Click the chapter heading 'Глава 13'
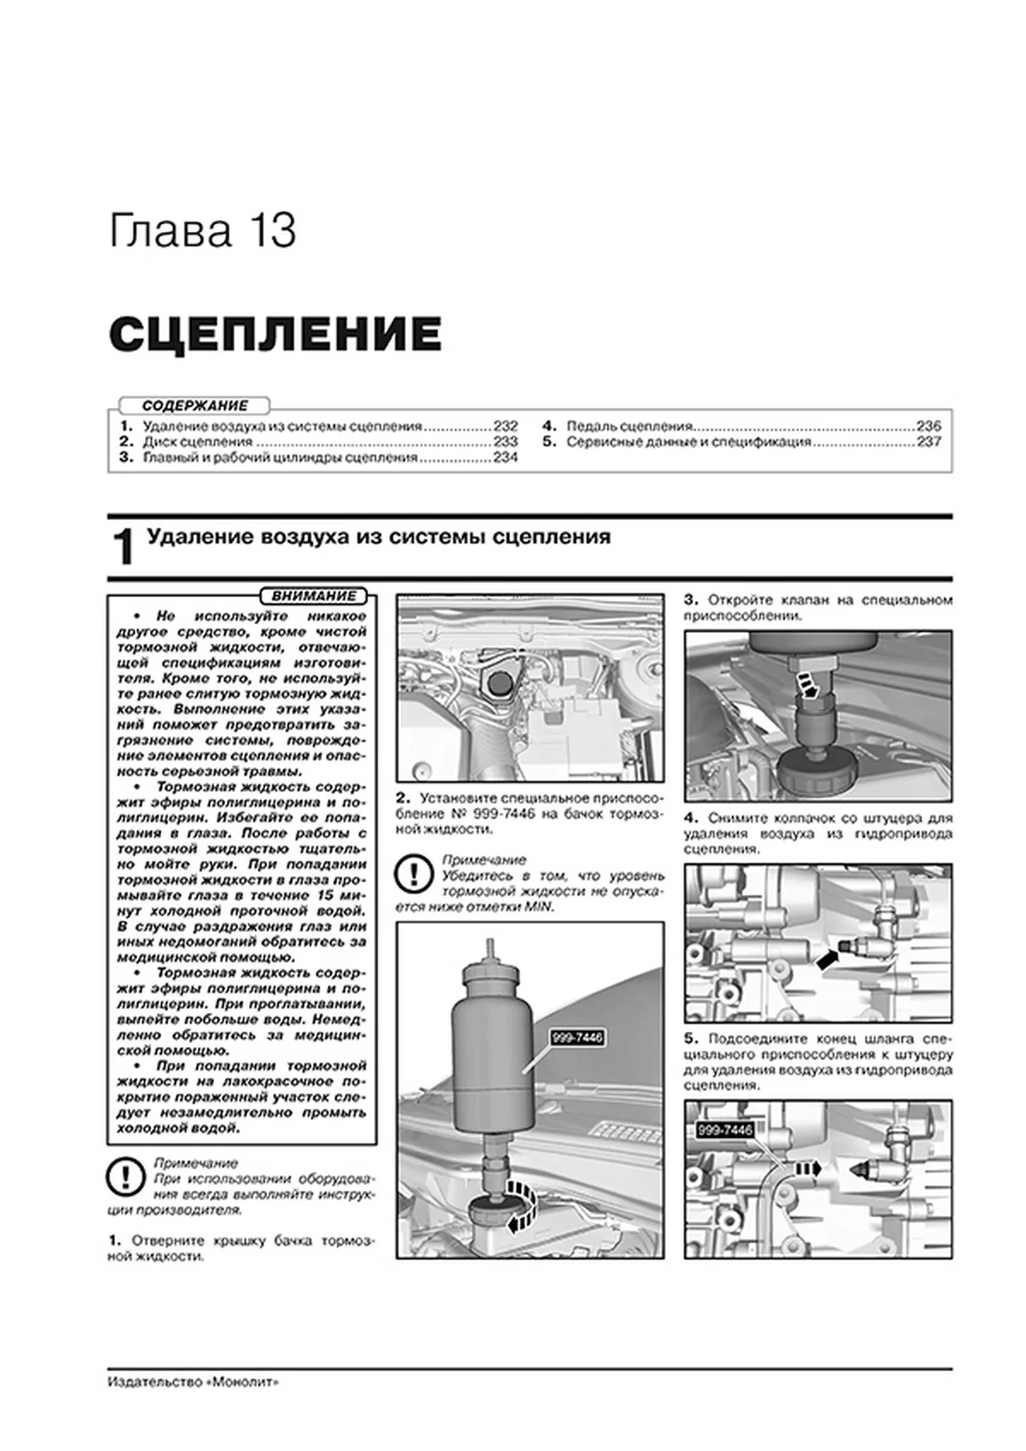click(x=202, y=231)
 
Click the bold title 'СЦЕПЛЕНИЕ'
click(x=275, y=335)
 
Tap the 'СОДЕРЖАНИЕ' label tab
click(x=195, y=406)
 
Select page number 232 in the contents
click(x=505, y=426)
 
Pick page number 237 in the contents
click(x=928, y=442)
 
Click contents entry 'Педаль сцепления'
click(x=629, y=426)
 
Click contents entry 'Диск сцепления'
click(x=197, y=442)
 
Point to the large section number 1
click(x=123, y=548)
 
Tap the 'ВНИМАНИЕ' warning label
click(x=313, y=596)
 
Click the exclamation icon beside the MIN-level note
click(x=415, y=874)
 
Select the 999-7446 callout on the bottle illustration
click(x=578, y=1038)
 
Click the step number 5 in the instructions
click(x=689, y=1038)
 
